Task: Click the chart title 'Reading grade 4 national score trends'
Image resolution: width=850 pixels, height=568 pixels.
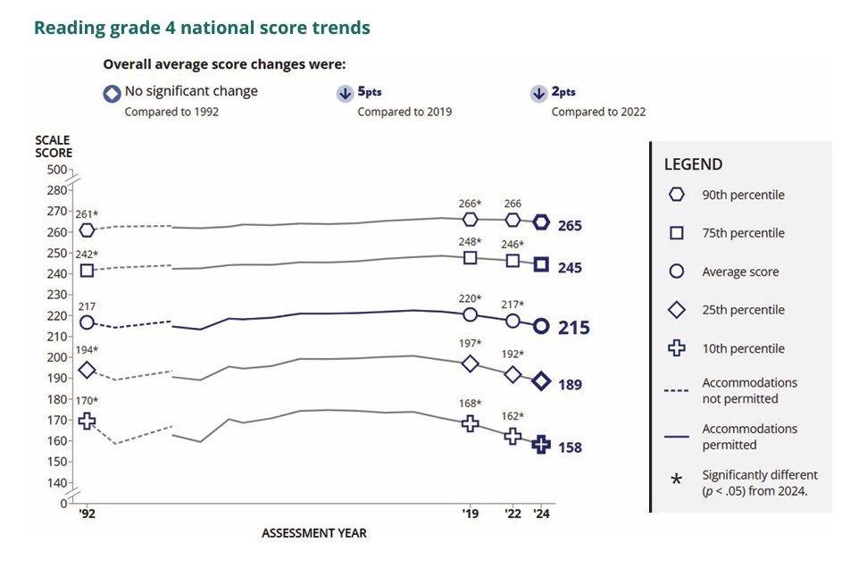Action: (x=202, y=28)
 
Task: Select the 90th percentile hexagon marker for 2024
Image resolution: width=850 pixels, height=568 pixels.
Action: (x=541, y=222)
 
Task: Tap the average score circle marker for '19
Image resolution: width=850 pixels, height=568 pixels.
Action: (x=471, y=314)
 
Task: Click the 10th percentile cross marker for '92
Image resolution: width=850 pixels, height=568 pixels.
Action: (x=87, y=420)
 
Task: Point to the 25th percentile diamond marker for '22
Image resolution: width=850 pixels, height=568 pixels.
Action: (x=512, y=374)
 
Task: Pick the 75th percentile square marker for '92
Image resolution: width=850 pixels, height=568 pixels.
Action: (x=87, y=270)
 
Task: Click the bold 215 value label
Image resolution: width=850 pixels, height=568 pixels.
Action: (x=574, y=328)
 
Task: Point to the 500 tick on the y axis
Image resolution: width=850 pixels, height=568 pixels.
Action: (x=56, y=169)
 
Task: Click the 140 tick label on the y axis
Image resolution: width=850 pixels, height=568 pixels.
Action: (x=56, y=482)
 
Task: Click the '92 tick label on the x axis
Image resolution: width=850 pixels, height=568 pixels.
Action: (x=87, y=514)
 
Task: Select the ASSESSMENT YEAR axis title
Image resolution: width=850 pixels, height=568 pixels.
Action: (x=314, y=533)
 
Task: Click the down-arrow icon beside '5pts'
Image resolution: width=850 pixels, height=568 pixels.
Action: (x=345, y=94)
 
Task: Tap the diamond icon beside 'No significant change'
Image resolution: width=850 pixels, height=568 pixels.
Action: (x=112, y=93)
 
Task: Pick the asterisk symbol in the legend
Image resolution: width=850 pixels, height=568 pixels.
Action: (x=677, y=480)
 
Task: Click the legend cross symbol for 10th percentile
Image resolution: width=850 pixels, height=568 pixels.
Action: (x=677, y=348)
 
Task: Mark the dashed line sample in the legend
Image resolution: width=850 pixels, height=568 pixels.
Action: (x=677, y=390)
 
